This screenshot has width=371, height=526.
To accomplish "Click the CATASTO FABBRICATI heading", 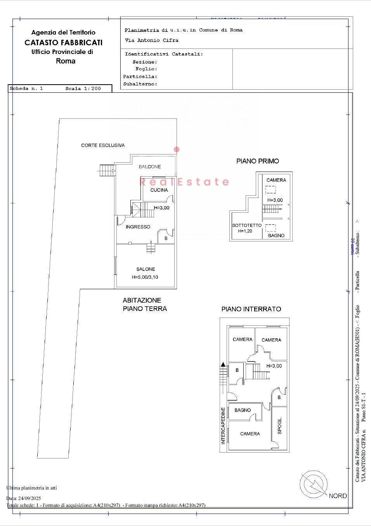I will pyautogui.click(x=63, y=42).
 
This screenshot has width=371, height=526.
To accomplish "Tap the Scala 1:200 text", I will pyautogui.click(x=83, y=89).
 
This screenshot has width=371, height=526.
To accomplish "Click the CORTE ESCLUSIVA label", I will pyautogui.click(x=103, y=145).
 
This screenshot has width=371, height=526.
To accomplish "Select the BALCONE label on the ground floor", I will pyautogui.click(x=150, y=167).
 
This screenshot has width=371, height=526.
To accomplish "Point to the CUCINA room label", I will pyautogui.click(x=159, y=190).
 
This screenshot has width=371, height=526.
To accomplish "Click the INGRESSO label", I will pyautogui.click(x=138, y=227).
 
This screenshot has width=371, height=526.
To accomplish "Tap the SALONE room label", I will pyautogui.click(x=146, y=269).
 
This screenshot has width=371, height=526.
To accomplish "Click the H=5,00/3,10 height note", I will pyautogui.click(x=145, y=277).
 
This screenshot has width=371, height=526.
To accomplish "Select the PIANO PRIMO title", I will pyautogui.click(x=258, y=161).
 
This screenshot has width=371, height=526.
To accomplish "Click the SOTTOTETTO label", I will pyautogui.click(x=247, y=225).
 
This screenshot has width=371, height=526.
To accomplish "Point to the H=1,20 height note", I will pyautogui.click(x=245, y=231).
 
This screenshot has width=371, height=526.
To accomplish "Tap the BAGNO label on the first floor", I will pyautogui.click(x=276, y=235).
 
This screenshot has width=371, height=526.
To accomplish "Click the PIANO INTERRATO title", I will pyautogui.click(x=251, y=309).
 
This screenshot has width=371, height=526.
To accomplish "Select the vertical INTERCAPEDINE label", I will pyautogui.click(x=223, y=425).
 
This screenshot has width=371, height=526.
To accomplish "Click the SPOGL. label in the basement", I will pyautogui.click(x=279, y=425).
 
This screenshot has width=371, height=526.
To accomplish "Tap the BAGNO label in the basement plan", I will pyautogui.click(x=243, y=410).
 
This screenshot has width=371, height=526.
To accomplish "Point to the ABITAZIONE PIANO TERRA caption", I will pyautogui.click(x=144, y=304).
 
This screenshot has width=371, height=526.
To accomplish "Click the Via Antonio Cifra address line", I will pyautogui.click(x=151, y=40).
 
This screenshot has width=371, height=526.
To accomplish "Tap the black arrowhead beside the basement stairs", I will pyautogui.click(x=223, y=364).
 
